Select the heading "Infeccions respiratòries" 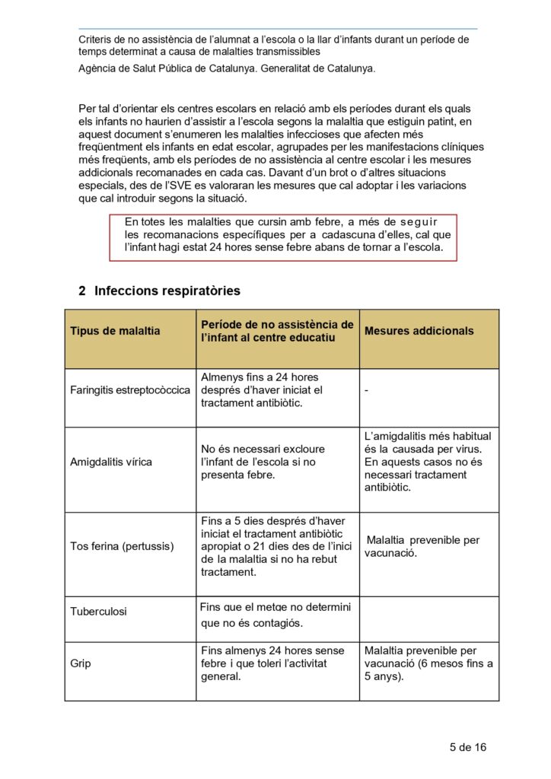point(167,291)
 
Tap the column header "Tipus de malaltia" point(115,331)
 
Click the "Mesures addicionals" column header point(419,331)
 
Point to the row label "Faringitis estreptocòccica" point(130,390)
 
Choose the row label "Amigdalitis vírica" point(111,462)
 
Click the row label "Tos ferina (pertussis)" point(122,546)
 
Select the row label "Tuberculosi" point(99,611)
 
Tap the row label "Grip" point(81,663)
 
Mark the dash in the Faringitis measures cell point(367,390)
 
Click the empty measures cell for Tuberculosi point(428,618)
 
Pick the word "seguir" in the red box point(415,221)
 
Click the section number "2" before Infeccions point(82,291)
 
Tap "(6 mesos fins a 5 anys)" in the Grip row point(428,669)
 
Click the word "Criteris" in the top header point(97,40)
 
